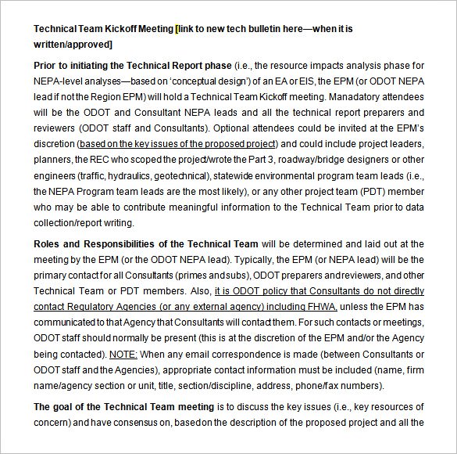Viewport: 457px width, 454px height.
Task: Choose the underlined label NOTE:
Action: pos(123,354)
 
